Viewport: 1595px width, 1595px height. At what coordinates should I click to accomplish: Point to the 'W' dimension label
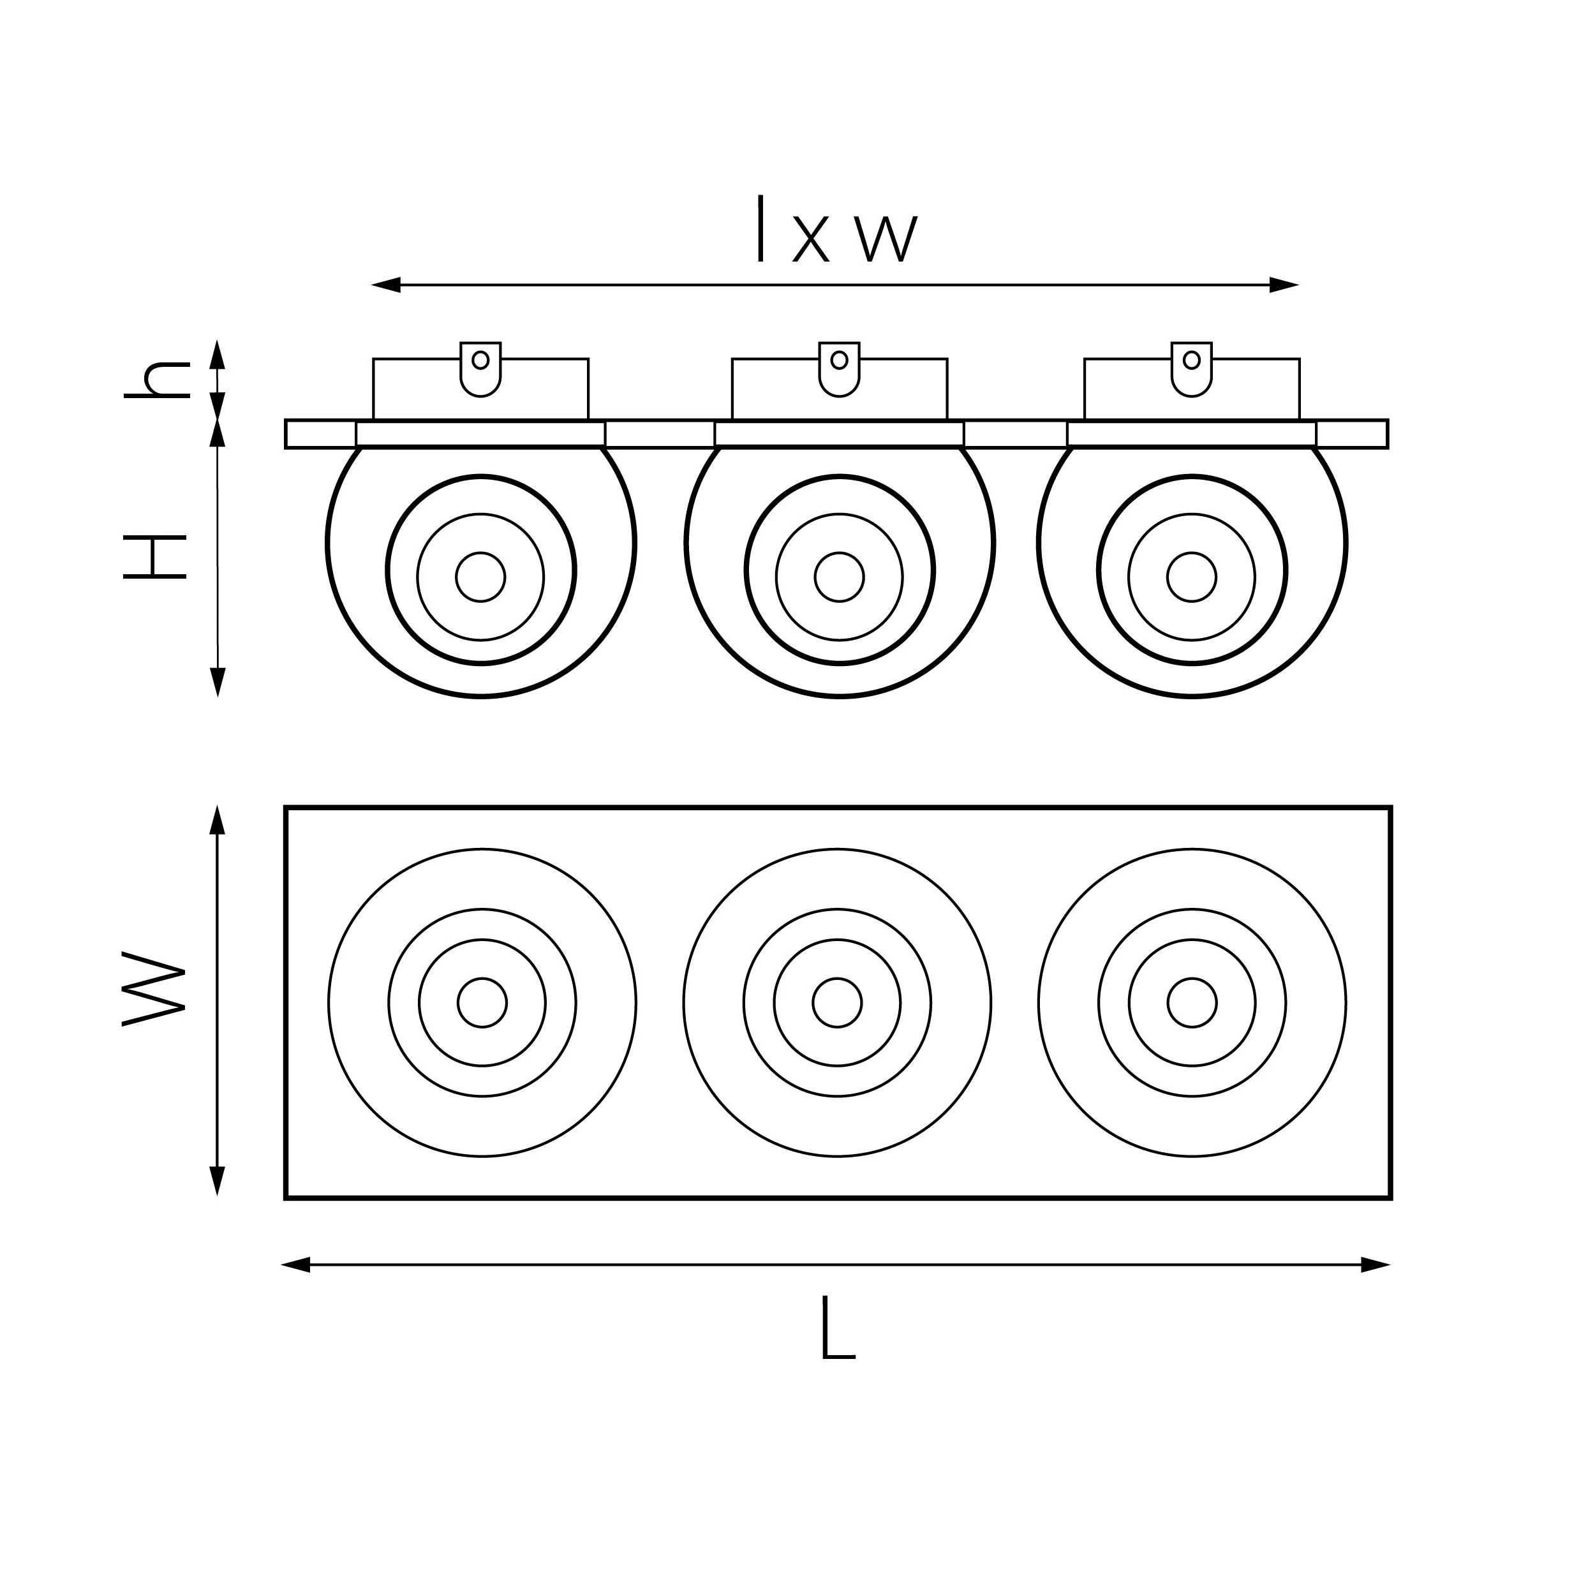click(x=154, y=988)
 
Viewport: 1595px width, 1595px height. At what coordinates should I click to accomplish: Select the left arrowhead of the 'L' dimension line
click(x=295, y=1265)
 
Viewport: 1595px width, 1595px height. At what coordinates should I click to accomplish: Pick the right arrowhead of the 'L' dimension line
click(x=1376, y=1265)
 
